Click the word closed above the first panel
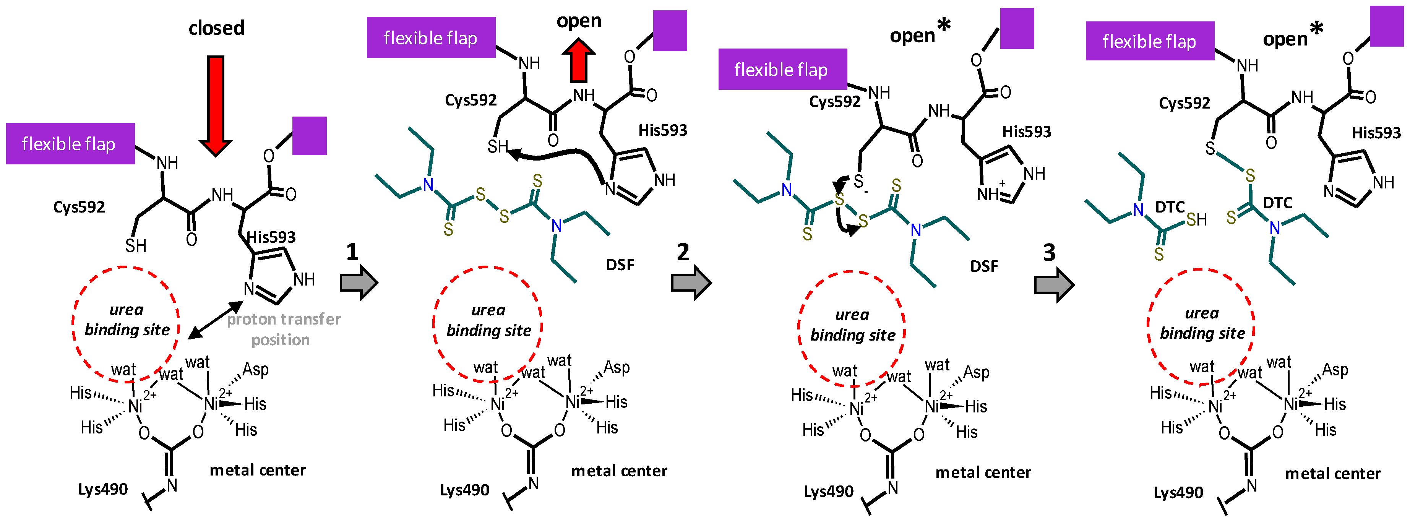click(x=216, y=28)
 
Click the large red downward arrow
click(x=216, y=104)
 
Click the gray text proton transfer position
click(x=284, y=329)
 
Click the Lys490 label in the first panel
click(x=103, y=489)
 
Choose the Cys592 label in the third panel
click(x=835, y=102)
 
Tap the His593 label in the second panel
click(x=662, y=130)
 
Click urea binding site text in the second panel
click(x=488, y=320)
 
